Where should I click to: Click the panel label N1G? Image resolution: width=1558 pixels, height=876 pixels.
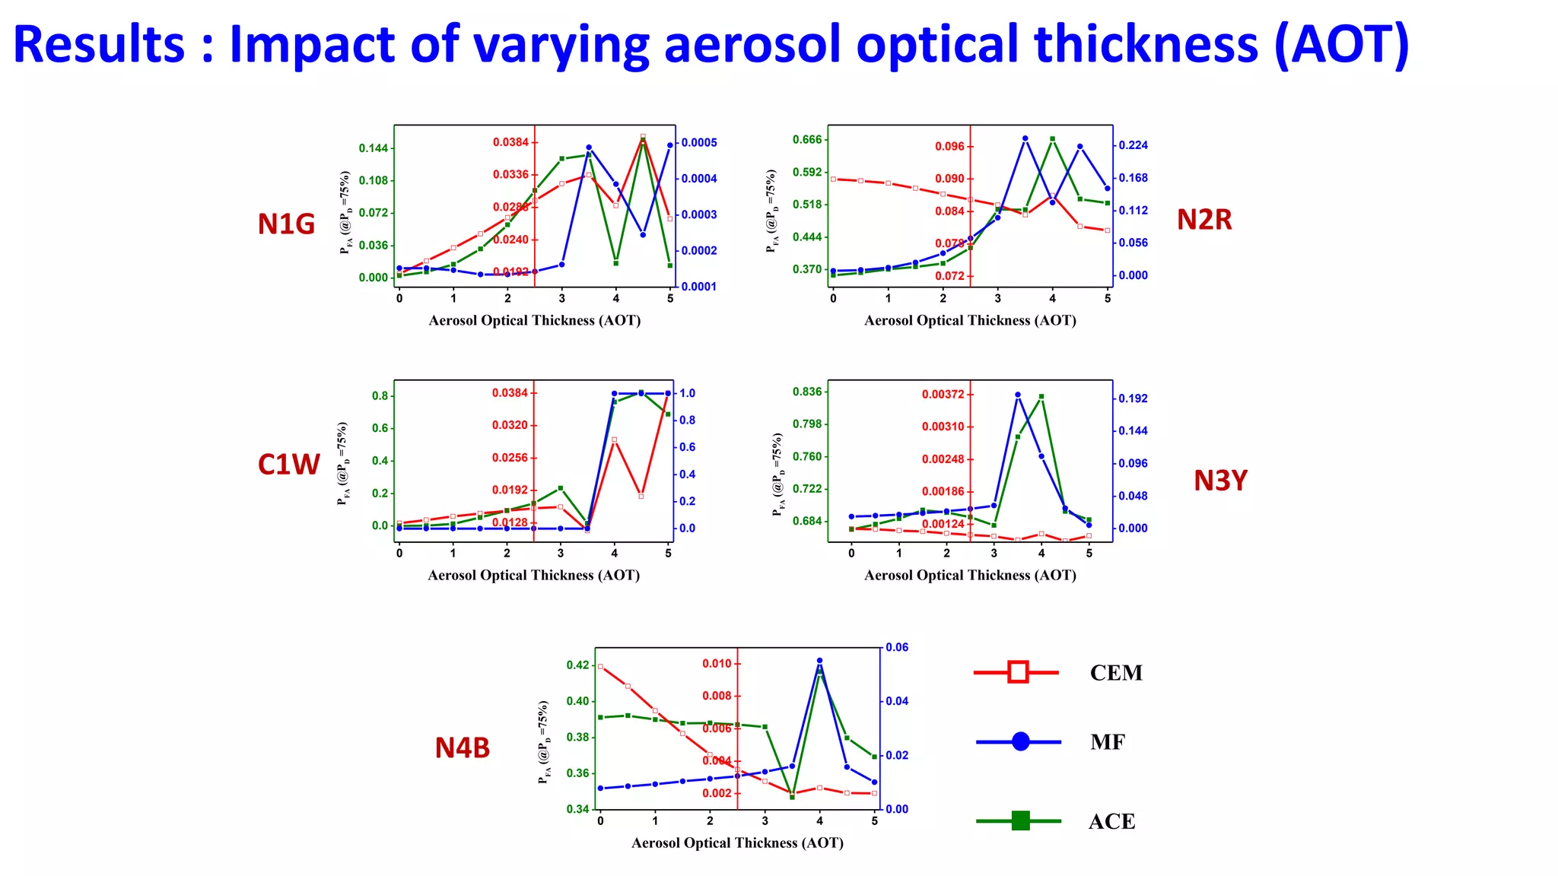tap(286, 224)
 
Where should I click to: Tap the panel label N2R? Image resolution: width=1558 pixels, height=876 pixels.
tap(1203, 220)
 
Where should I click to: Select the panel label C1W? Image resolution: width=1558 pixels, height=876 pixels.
tap(288, 465)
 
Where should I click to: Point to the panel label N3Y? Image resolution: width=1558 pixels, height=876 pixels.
tap(1220, 481)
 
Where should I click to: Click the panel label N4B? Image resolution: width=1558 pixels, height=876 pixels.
tap(462, 748)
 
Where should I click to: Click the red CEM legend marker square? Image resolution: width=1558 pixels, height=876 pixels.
tap(1018, 672)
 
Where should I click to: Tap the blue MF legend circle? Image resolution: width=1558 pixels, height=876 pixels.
tap(1020, 741)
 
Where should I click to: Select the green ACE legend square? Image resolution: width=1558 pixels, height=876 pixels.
tap(1020, 820)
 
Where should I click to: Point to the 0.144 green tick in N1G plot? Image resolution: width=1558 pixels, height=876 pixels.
tap(373, 148)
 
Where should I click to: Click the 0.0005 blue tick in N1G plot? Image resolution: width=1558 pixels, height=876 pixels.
tap(698, 143)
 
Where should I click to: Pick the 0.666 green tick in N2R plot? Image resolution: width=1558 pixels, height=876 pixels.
tap(807, 139)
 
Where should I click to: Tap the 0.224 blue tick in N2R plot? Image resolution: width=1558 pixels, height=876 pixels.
tap(1133, 145)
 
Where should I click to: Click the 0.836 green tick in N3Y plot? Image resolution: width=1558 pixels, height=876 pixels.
tap(807, 392)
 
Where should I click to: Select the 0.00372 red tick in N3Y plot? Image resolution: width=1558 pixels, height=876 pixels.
tap(943, 394)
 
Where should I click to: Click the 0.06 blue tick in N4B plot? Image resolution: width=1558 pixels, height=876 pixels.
tap(897, 648)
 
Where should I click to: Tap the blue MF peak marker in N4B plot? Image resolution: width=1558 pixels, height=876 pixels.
tap(819, 661)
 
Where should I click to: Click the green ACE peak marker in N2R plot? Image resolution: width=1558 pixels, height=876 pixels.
tap(1052, 139)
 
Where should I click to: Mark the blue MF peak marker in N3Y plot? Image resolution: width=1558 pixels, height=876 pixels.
tap(1018, 395)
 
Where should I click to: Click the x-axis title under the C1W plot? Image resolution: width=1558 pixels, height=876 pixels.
tap(533, 576)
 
